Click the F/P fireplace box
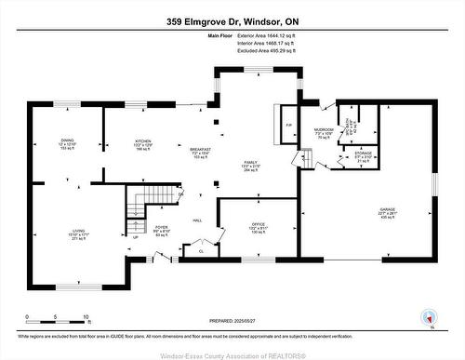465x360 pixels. coord(288,125)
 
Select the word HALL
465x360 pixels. coord(197,220)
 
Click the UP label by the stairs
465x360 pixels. coord(136,236)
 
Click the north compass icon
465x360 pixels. coord(429,316)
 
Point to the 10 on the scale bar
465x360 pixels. coord(86,317)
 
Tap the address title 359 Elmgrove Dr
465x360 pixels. coord(232,20)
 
